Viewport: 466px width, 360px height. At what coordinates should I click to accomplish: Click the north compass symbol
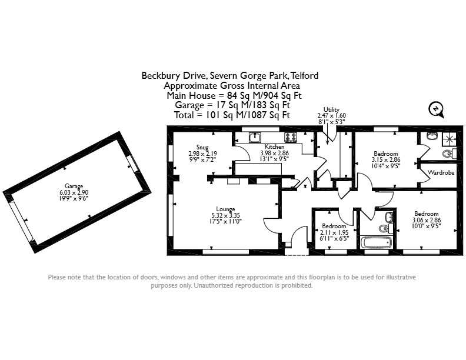point(436,109)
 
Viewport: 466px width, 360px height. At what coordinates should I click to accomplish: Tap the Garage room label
point(74,186)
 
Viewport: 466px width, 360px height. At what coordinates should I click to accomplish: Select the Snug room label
point(202,147)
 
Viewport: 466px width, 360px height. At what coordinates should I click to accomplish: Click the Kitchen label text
point(274,146)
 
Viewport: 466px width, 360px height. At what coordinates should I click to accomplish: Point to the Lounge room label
point(225,209)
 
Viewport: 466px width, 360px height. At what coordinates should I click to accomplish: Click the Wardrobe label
point(441,172)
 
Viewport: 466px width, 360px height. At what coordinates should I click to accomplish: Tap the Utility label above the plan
point(331,109)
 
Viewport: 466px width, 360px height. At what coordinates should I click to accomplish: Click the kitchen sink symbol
point(255,138)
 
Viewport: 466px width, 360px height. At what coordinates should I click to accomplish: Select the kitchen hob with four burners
point(291,138)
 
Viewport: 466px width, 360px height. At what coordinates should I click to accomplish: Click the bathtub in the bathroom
point(376,242)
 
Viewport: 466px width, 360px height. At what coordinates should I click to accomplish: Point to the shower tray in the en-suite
point(449,139)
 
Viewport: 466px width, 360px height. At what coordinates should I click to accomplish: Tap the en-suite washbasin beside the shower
point(432,136)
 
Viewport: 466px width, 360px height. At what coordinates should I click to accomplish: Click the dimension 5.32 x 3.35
point(225,215)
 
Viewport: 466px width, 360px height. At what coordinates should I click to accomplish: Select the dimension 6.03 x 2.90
point(74,192)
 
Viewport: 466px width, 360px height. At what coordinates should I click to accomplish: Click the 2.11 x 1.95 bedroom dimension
point(334,232)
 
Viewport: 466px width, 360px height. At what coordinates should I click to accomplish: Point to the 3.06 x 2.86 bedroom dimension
point(427,220)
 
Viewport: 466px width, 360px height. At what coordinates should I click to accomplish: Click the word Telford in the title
point(304,76)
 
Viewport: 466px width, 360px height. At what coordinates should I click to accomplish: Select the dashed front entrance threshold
point(297,255)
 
